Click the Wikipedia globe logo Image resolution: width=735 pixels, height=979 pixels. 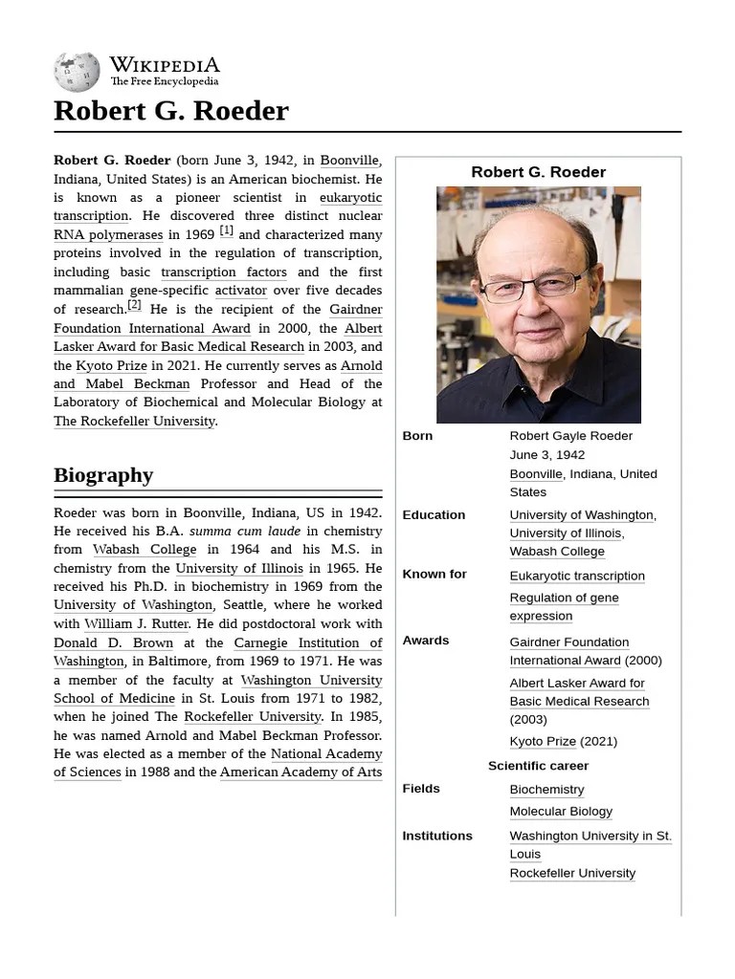tap(78, 71)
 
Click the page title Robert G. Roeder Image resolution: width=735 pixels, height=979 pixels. tap(170, 111)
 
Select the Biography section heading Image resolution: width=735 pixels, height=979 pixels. tap(103, 475)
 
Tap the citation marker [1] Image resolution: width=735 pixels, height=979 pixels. tap(226, 231)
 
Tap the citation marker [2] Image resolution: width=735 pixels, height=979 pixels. tap(134, 306)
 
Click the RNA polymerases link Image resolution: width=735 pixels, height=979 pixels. tap(108, 235)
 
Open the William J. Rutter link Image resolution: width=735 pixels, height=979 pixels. tap(136, 624)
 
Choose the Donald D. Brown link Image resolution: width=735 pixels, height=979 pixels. tap(113, 643)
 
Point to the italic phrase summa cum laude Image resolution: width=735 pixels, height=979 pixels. tap(245, 532)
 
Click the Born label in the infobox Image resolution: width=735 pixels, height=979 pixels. tap(417, 436)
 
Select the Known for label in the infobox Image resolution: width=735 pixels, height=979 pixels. tap(434, 575)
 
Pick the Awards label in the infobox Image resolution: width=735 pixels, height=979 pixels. tap(425, 641)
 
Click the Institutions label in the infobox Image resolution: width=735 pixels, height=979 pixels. tap(437, 836)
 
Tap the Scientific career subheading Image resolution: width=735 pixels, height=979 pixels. tap(538, 766)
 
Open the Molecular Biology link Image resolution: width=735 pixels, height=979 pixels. tap(561, 812)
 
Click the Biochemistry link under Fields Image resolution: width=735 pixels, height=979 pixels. tap(546, 790)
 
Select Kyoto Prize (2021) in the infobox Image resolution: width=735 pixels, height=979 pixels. tap(563, 742)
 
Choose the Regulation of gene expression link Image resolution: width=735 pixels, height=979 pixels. tap(564, 607)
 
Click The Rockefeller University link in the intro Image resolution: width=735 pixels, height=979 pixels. tap(134, 422)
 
